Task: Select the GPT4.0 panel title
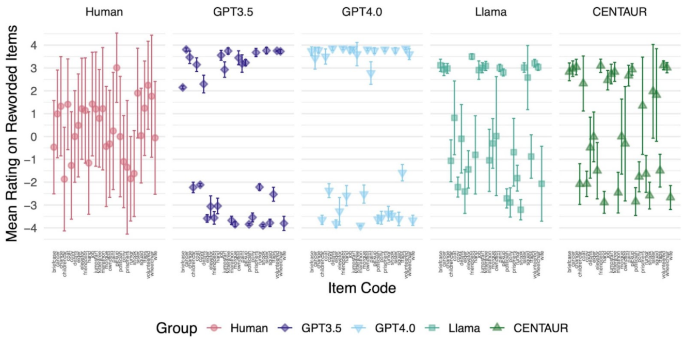360,12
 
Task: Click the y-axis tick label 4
35,45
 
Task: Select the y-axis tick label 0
35,137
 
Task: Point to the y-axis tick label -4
32,228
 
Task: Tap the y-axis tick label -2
32,183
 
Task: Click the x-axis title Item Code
362,288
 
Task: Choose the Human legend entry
241,328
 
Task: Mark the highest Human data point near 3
117,68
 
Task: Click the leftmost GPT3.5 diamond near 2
182,87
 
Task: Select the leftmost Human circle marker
54,147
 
